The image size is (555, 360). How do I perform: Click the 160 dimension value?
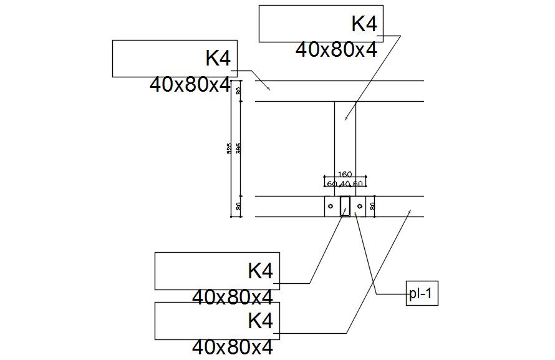(345, 174)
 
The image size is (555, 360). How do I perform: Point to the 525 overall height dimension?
(229, 148)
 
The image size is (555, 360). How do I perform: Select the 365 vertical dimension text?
(239, 148)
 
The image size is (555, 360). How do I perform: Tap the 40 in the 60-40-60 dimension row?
(345, 184)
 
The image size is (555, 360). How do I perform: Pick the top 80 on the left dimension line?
(239, 90)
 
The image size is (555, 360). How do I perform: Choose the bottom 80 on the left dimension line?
(239, 206)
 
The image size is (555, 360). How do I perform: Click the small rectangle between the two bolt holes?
(345, 206)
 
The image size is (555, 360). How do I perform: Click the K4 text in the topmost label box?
(364, 24)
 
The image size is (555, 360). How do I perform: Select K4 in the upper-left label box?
(218, 59)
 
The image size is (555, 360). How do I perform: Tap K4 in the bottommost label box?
(261, 321)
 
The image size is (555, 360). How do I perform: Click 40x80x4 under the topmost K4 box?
(336, 50)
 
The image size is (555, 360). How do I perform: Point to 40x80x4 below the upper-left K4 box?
(190, 85)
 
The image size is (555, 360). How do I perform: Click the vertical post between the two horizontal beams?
(345, 147)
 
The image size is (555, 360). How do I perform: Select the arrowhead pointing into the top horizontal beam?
(269, 89)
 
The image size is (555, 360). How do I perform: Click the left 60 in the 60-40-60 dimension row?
(332, 184)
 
